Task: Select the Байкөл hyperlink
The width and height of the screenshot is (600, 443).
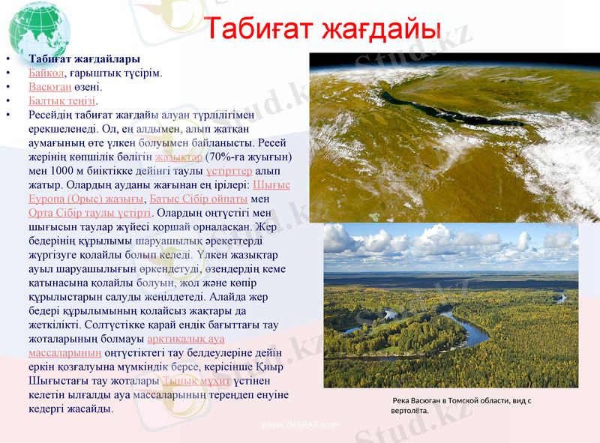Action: [x=46, y=73]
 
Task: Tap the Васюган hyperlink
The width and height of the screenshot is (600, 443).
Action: [x=49, y=87]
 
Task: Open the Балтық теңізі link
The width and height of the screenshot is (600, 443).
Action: [x=62, y=100]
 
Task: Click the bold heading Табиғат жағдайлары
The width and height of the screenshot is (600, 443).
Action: [x=85, y=59]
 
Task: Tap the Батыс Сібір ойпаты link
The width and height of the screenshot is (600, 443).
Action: [x=198, y=199]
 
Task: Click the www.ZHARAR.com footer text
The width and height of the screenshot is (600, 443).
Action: [x=299, y=425]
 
